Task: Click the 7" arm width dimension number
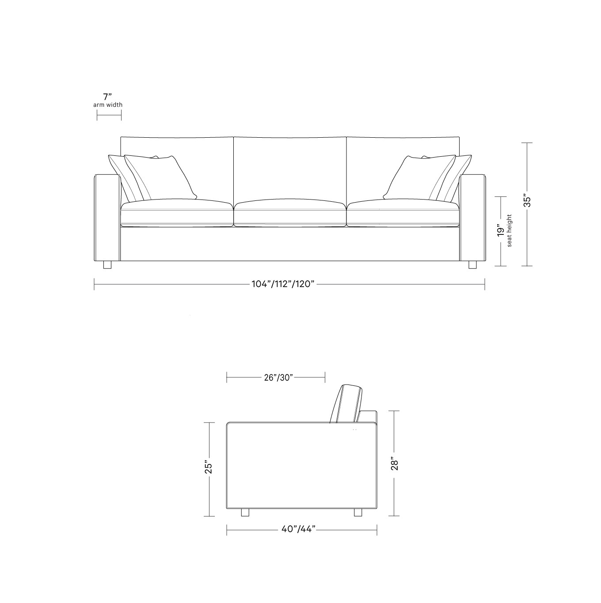click(x=108, y=97)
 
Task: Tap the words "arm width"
click(x=108, y=105)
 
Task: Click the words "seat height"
click(x=510, y=230)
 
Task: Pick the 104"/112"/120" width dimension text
click(x=283, y=284)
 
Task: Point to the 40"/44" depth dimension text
click(x=298, y=529)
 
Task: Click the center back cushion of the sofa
click(x=290, y=168)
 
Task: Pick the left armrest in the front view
click(x=107, y=219)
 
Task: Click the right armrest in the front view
click(x=473, y=219)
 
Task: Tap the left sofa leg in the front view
click(x=107, y=265)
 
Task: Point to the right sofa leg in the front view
click(x=472, y=265)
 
